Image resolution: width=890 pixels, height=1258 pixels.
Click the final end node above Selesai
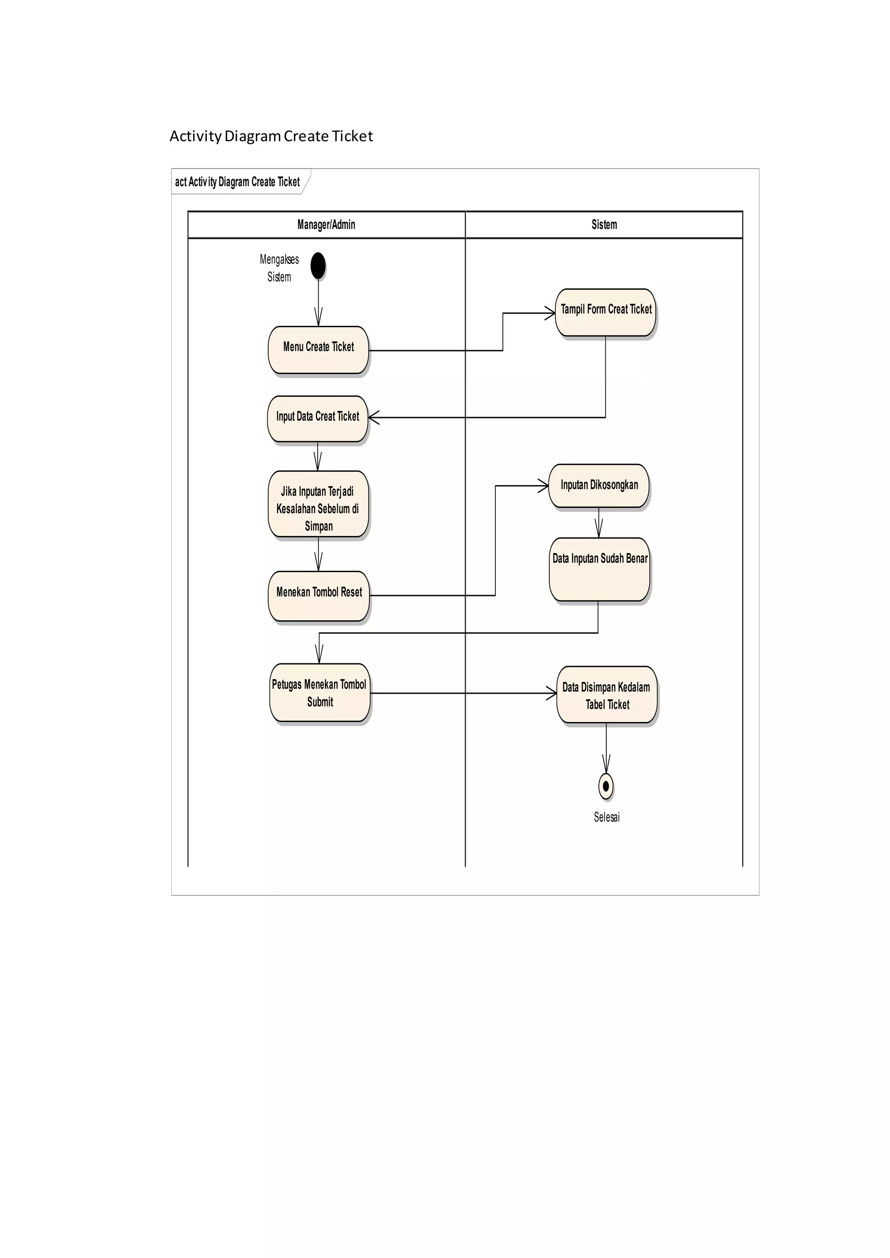pos(605,786)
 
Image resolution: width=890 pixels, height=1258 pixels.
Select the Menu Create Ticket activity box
pos(319,350)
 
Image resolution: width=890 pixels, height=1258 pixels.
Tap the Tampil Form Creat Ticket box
pos(605,312)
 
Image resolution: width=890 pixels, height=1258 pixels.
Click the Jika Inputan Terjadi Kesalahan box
pos(319,504)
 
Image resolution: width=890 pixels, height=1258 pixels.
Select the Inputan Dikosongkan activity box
pos(599,486)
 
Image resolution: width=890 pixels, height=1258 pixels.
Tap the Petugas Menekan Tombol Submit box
pos(320,693)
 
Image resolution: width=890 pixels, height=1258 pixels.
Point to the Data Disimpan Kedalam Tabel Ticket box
pos(607,695)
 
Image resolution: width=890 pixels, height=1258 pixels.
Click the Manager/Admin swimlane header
pos(326,225)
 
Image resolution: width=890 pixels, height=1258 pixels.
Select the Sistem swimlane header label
pos(604,225)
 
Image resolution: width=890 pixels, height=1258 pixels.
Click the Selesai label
pos(607,817)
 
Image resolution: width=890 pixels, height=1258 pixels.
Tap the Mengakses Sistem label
pos(279,268)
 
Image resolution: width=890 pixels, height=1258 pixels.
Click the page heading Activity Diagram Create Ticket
pos(271,136)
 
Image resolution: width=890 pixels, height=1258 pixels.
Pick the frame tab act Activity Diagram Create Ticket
pos(237,182)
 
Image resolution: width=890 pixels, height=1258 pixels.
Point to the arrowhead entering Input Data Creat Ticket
pos(374,417)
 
